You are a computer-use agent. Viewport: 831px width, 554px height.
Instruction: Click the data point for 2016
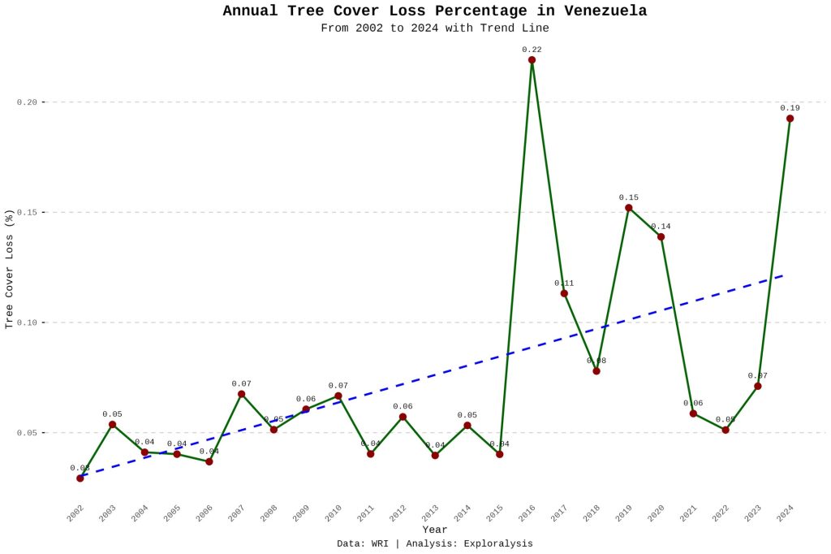532,60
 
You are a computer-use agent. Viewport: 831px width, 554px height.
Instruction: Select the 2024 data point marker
790,119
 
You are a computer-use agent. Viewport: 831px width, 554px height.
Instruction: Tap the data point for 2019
628,208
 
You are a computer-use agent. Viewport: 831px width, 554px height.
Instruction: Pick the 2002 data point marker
80,478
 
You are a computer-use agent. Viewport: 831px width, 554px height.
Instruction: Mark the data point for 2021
693,413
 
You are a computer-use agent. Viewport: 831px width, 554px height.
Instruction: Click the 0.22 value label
532,50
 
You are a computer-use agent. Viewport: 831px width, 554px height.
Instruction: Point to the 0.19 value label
790,108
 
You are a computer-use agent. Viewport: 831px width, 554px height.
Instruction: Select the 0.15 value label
628,197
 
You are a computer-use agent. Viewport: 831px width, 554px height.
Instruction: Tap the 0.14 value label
661,227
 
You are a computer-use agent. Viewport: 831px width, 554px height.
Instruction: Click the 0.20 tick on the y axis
28,102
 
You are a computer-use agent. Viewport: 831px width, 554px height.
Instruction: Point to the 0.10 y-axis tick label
28,322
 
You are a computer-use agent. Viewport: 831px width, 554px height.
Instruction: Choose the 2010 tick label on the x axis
334,513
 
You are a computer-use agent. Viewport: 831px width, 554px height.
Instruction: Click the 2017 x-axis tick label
559,513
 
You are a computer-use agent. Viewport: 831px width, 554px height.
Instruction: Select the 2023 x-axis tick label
753,513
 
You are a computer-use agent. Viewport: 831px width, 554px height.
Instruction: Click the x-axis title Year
434,530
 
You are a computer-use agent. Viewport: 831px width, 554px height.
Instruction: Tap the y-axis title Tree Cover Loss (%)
10,268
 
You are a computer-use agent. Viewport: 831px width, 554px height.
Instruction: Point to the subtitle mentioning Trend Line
434,28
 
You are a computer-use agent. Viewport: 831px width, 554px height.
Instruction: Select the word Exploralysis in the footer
497,543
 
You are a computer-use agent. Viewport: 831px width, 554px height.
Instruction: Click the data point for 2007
241,394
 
